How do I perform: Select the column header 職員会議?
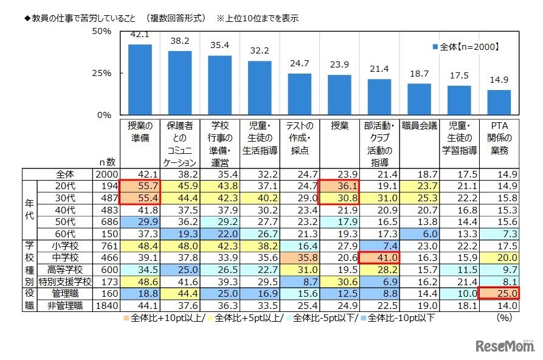pos(419,126)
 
